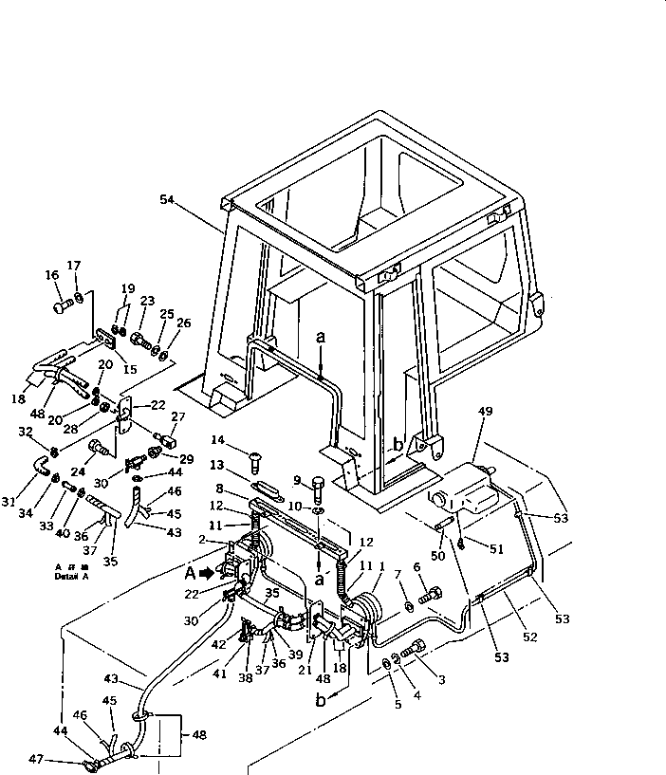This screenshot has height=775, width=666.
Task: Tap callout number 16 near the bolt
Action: point(53,276)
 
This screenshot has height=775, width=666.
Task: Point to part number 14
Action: point(219,440)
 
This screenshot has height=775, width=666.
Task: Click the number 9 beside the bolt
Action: point(296,479)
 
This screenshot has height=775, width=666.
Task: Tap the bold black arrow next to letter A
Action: point(207,573)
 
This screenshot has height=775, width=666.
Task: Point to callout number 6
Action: point(416,566)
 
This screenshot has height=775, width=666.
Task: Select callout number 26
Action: point(183,323)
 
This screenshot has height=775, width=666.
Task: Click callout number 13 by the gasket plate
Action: point(218,466)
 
